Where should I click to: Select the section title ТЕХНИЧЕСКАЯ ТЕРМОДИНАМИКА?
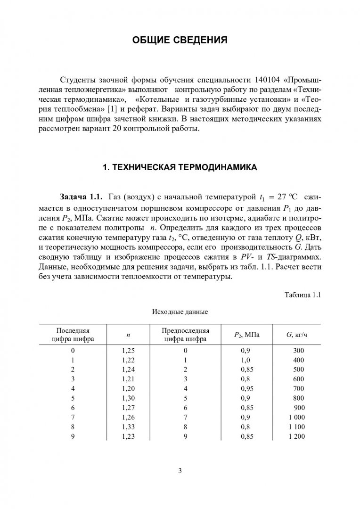(x=180, y=167)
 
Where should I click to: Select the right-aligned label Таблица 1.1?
(x=303, y=295)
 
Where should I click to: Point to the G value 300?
(x=299, y=351)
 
